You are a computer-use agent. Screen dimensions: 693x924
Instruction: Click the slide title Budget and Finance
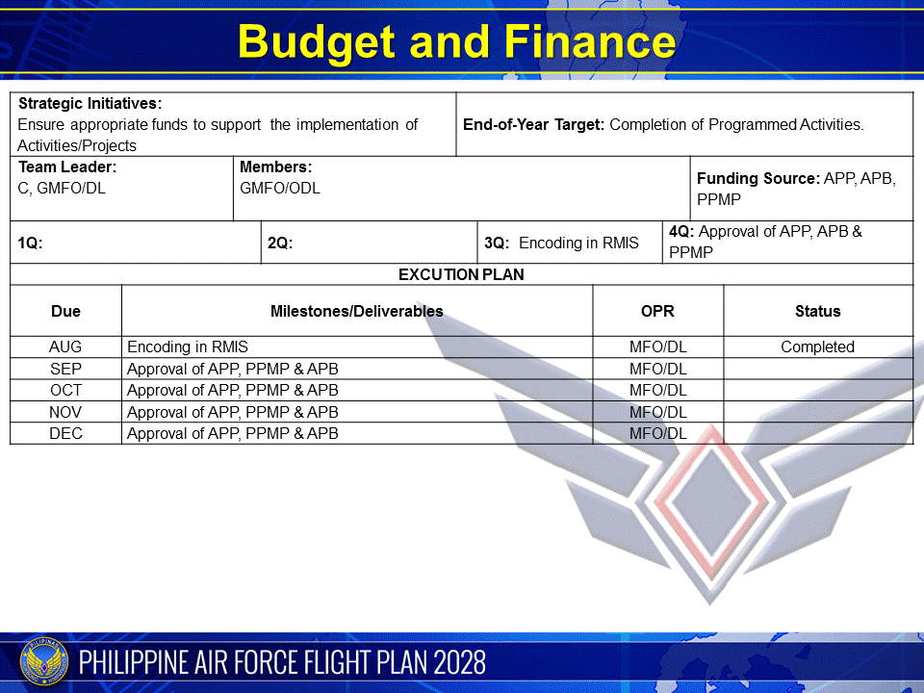click(456, 42)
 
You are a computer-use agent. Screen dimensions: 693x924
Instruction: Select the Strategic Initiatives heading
click(90, 103)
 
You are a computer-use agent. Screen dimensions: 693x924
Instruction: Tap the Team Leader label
click(67, 167)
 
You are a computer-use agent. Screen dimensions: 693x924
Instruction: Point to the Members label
click(275, 167)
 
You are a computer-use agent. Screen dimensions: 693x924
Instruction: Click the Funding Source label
click(758, 178)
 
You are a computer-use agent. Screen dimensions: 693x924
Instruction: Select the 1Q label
click(30, 244)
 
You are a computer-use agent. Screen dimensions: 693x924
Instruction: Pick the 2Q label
click(280, 244)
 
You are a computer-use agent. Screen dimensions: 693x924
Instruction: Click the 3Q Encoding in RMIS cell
click(562, 244)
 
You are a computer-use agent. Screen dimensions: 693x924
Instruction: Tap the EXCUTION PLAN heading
click(461, 274)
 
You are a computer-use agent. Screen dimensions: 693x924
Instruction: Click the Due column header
click(65, 311)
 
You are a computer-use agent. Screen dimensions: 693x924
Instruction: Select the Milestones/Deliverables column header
click(357, 311)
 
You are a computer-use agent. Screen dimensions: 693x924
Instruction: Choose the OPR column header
click(657, 311)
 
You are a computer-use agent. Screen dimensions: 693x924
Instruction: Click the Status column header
click(818, 311)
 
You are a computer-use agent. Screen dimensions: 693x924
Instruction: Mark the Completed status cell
click(817, 346)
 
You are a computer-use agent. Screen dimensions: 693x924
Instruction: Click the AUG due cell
click(65, 346)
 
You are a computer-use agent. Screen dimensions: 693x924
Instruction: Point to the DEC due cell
click(65, 433)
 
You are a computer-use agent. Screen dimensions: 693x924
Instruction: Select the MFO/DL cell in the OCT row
click(658, 390)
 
